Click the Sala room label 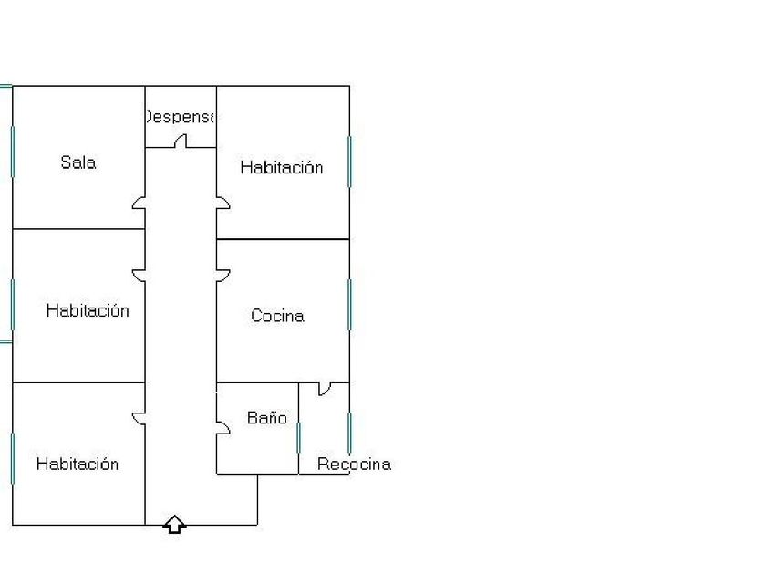[x=78, y=162]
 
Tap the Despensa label [x=180, y=117]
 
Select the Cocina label [x=277, y=316]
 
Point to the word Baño [x=267, y=418]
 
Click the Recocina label [x=354, y=464]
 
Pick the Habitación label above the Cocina [x=281, y=167]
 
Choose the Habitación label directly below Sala [x=88, y=310]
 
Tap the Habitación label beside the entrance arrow [x=78, y=464]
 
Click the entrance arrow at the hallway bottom [x=174, y=524]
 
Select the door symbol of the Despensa [x=181, y=141]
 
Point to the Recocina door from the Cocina [x=324, y=388]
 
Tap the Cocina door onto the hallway [x=223, y=274]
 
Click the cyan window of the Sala [x=12, y=151]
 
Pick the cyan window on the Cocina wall [x=349, y=304]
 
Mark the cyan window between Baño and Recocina [x=299, y=438]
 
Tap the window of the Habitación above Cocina [x=349, y=162]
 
